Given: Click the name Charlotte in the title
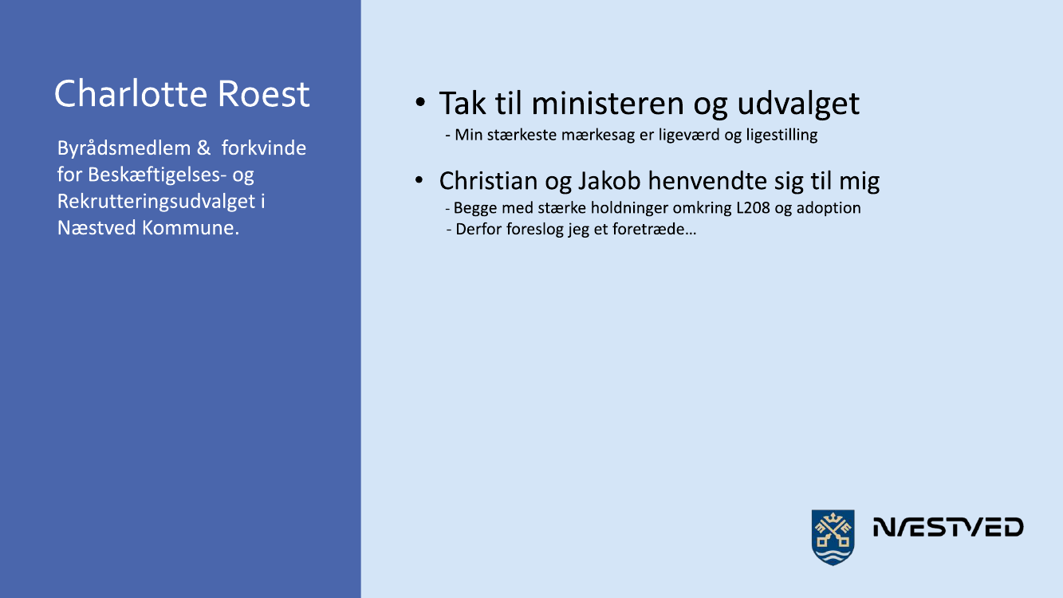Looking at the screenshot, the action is tap(131, 93).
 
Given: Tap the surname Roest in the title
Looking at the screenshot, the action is tap(263, 93).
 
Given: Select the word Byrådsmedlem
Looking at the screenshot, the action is tap(124, 149).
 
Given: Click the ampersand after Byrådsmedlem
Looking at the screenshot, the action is tap(203, 148).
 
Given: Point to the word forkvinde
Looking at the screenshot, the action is tap(263, 148).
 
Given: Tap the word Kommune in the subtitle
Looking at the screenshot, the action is tap(191, 228).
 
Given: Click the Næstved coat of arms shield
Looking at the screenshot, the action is tap(833, 537).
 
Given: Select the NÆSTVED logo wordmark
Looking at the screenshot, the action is tap(948, 527).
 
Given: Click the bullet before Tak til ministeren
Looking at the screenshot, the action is tap(420, 101).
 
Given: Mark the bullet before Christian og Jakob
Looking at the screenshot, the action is tap(419, 180).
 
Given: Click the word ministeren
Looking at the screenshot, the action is tap(608, 103).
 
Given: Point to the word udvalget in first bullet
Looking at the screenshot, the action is tap(798, 104).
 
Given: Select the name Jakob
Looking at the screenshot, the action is tap(608, 182).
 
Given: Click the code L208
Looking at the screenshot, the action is tap(753, 208).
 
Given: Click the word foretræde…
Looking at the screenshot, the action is tap(655, 230).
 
